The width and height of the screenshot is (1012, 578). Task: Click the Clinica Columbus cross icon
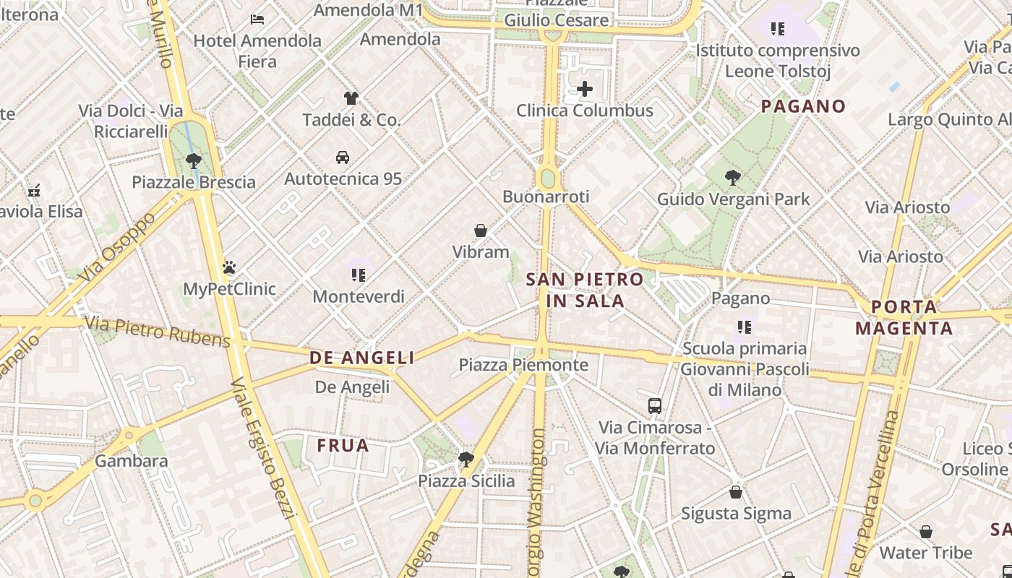(585, 89)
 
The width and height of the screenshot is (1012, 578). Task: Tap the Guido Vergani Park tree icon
(733, 177)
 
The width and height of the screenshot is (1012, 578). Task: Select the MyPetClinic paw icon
(229, 267)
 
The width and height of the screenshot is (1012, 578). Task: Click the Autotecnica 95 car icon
(343, 157)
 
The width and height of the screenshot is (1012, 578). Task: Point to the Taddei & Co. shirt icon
(351, 98)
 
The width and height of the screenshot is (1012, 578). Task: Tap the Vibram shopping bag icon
(481, 230)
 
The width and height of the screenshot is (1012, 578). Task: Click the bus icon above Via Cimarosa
(655, 405)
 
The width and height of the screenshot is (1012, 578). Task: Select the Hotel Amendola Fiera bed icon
(257, 20)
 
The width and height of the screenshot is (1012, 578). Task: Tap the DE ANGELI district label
(362, 358)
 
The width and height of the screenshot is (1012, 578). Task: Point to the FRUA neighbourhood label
(343, 446)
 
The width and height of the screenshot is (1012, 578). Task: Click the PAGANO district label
(803, 106)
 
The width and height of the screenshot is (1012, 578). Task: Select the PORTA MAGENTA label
(904, 317)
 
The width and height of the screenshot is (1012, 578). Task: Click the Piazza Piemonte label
(523, 365)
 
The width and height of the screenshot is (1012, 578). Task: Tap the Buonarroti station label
(546, 197)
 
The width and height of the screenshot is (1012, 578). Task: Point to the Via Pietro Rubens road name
(158, 332)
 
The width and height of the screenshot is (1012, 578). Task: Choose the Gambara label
(132, 460)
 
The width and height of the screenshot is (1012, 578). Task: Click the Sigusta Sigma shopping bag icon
(736, 492)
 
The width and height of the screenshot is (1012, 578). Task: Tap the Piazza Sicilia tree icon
(466, 459)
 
